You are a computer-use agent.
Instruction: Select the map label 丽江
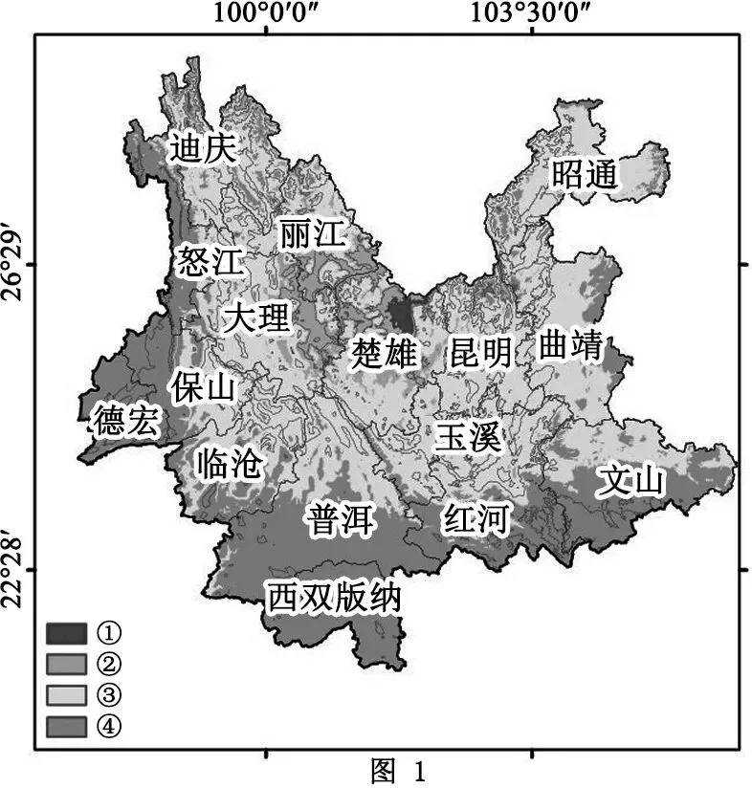pyautogui.click(x=312, y=234)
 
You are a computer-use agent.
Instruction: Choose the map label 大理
pyautogui.click(x=255, y=317)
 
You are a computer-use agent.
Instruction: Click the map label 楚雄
pyautogui.click(x=384, y=353)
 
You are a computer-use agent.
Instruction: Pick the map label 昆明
pyautogui.click(x=481, y=353)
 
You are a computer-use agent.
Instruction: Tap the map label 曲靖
pyautogui.click(x=570, y=345)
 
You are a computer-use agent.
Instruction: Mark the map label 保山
pyautogui.click(x=203, y=386)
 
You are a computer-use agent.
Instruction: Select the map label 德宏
pyautogui.click(x=126, y=420)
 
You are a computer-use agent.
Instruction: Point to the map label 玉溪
pyautogui.click(x=466, y=437)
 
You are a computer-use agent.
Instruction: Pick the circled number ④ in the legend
pyautogui.click(x=109, y=726)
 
